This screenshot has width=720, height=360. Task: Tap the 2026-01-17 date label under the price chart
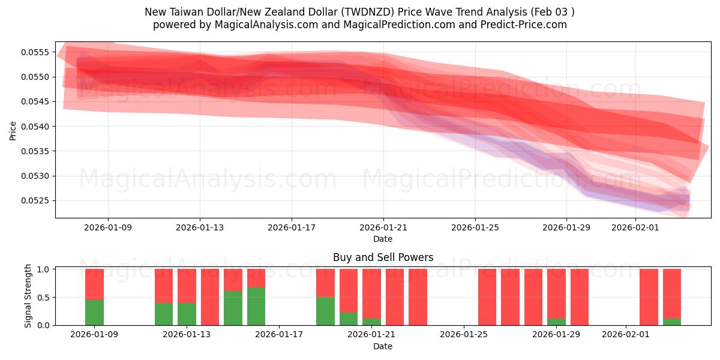click(x=292, y=228)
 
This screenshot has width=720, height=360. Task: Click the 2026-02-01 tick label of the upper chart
click(x=635, y=228)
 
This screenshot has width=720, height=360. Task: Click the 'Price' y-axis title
click(x=13, y=130)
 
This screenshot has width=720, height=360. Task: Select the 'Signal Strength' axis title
click(x=28, y=296)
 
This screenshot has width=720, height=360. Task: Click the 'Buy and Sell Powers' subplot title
click(x=383, y=257)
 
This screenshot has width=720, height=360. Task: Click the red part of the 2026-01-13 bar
click(x=187, y=286)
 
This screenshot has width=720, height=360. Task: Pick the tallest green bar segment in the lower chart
click(x=256, y=307)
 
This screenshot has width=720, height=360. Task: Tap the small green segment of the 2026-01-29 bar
click(x=556, y=322)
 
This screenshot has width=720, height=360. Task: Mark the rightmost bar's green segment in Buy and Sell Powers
click(x=672, y=322)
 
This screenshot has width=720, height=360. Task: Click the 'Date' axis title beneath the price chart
click(x=383, y=239)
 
